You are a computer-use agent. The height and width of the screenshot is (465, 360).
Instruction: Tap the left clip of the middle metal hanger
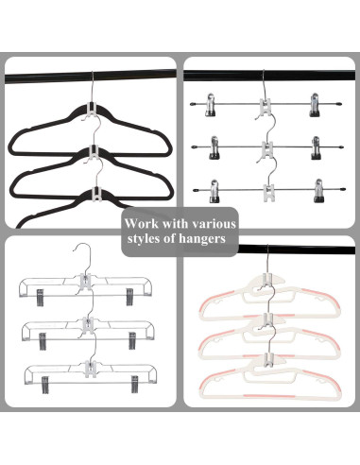(x=208, y=147)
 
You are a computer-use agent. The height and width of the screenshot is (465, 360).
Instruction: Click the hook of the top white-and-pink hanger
(x=267, y=260)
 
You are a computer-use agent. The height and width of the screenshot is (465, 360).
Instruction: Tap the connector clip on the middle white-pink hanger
(x=269, y=319)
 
